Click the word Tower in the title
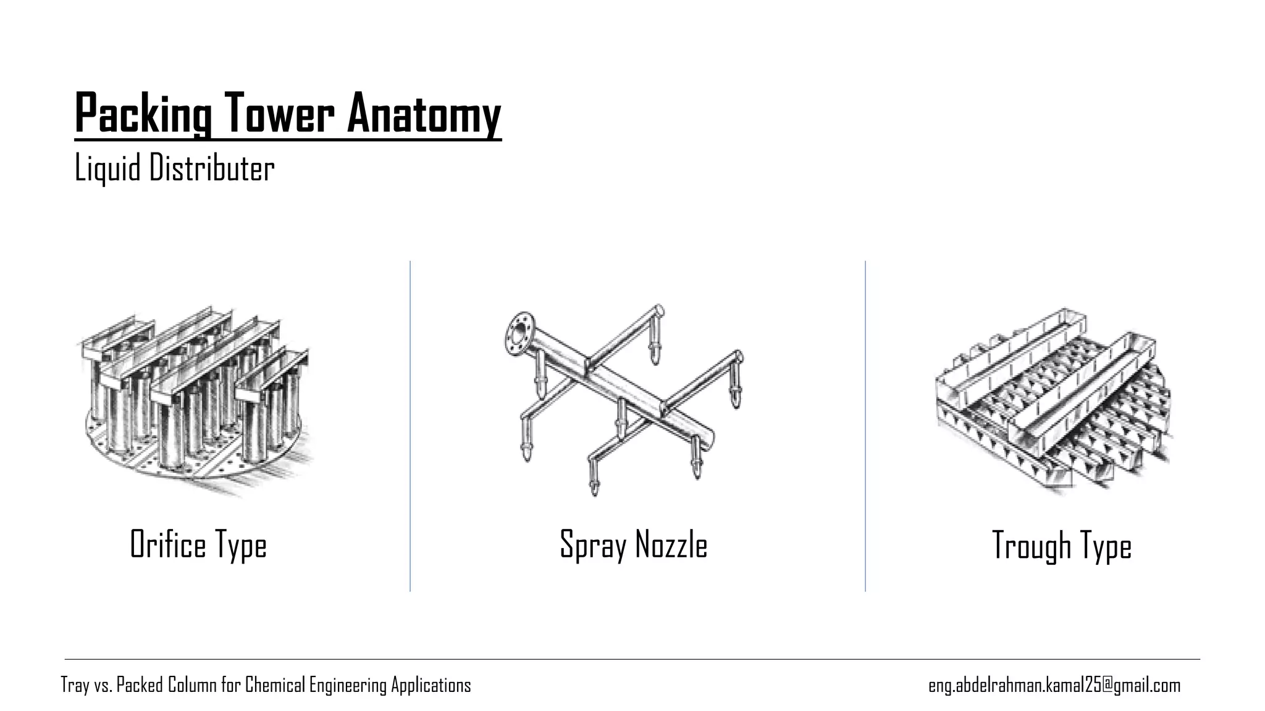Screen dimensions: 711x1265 coord(279,114)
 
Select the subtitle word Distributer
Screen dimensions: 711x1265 coord(212,168)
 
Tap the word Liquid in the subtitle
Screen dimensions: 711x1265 coord(107,168)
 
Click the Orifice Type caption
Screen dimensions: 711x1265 coord(198,545)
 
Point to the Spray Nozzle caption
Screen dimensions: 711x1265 coord(633,545)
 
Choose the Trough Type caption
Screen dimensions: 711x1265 coord(1061,546)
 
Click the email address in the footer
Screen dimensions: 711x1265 coord(1054,685)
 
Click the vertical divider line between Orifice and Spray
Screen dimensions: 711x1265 coord(410,426)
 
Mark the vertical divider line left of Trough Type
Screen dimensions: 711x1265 coord(865,426)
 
